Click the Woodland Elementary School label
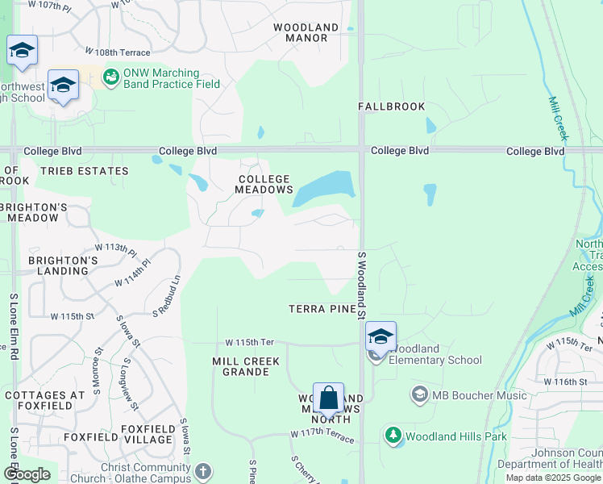pyautogui.click(x=433, y=355)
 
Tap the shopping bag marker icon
pyautogui.click(x=328, y=398)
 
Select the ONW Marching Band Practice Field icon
pyautogui.click(x=111, y=77)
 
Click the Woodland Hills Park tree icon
pyautogui.click(x=393, y=436)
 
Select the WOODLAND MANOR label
pyautogui.click(x=306, y=33)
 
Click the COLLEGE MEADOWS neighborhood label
pyautogui.click(x=264, y=184)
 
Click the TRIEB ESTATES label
pyautogui.click(x=84, y=171)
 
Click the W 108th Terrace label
pyautogui.click(x=132, y=52)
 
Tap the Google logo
pyautogui.click(x=27, y=474)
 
